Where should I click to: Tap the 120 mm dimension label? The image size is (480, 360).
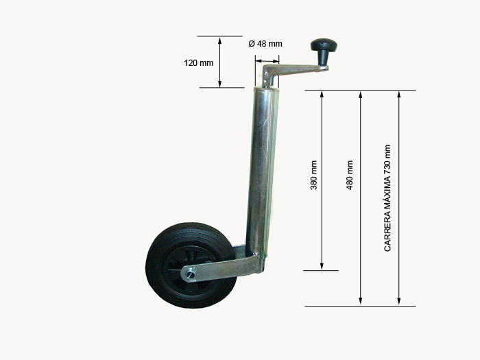coord(199,63)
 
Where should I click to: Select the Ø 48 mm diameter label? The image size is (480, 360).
coord(265,44)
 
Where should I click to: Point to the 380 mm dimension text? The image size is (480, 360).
coord(314,175)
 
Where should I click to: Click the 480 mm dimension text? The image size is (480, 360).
coord(350,175)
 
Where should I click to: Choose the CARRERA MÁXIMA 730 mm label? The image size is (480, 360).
coord(387,198)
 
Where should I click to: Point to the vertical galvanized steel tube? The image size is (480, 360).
coord(262,171)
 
